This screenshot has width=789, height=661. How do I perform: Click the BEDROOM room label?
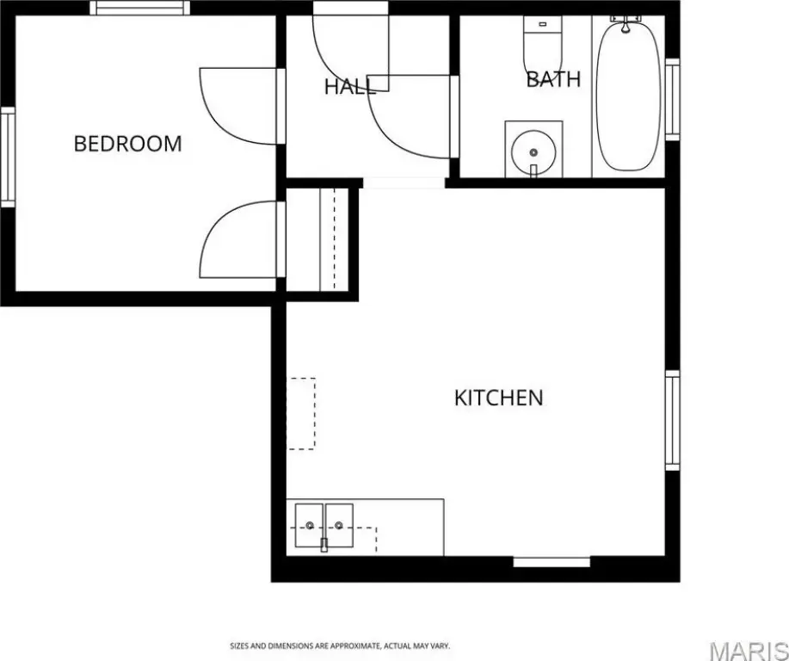128,144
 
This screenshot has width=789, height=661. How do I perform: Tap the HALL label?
350,87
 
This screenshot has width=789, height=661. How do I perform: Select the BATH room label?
553,79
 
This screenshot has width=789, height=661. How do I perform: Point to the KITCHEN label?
499,398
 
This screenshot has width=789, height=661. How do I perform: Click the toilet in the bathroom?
542,46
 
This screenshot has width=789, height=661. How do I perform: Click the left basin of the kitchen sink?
309,525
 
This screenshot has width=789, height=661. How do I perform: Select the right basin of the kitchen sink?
339,525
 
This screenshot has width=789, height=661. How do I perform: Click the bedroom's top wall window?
140,8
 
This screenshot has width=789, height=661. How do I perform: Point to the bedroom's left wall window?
8,157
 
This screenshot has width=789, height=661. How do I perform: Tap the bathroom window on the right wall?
673,100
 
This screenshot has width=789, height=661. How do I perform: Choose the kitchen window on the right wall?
673,420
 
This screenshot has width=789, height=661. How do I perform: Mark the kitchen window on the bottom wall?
552,562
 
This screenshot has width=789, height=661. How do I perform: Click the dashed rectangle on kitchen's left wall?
301,413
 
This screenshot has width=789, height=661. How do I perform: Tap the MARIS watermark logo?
749,650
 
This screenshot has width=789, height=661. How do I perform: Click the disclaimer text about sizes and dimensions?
340,646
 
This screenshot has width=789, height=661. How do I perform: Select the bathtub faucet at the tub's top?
626,23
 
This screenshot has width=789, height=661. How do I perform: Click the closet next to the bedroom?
317,239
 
